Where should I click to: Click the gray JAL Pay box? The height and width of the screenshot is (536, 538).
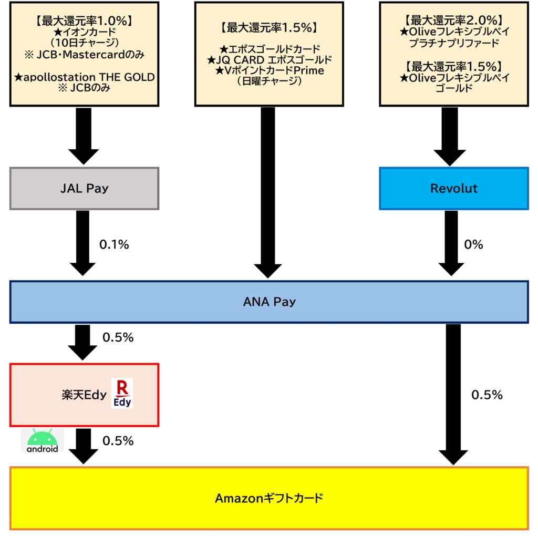point(84,189)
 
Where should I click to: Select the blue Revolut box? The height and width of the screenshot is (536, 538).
point(453,189)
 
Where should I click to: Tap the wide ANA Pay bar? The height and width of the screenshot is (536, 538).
point(268,302)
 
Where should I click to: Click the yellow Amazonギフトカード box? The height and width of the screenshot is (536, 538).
point(268,498)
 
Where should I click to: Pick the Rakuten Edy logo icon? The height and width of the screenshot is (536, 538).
point(122,393)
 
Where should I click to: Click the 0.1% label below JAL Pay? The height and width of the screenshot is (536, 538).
point(114,244)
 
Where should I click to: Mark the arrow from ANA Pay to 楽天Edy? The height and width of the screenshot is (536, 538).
point(83,342)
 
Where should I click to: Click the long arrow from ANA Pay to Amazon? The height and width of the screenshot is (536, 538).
point(453,394)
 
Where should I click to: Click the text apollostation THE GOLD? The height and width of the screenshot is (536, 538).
point(84,78)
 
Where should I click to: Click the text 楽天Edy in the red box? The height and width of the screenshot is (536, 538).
point(84,395)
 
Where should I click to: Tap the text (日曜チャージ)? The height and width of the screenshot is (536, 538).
point(268,82)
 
